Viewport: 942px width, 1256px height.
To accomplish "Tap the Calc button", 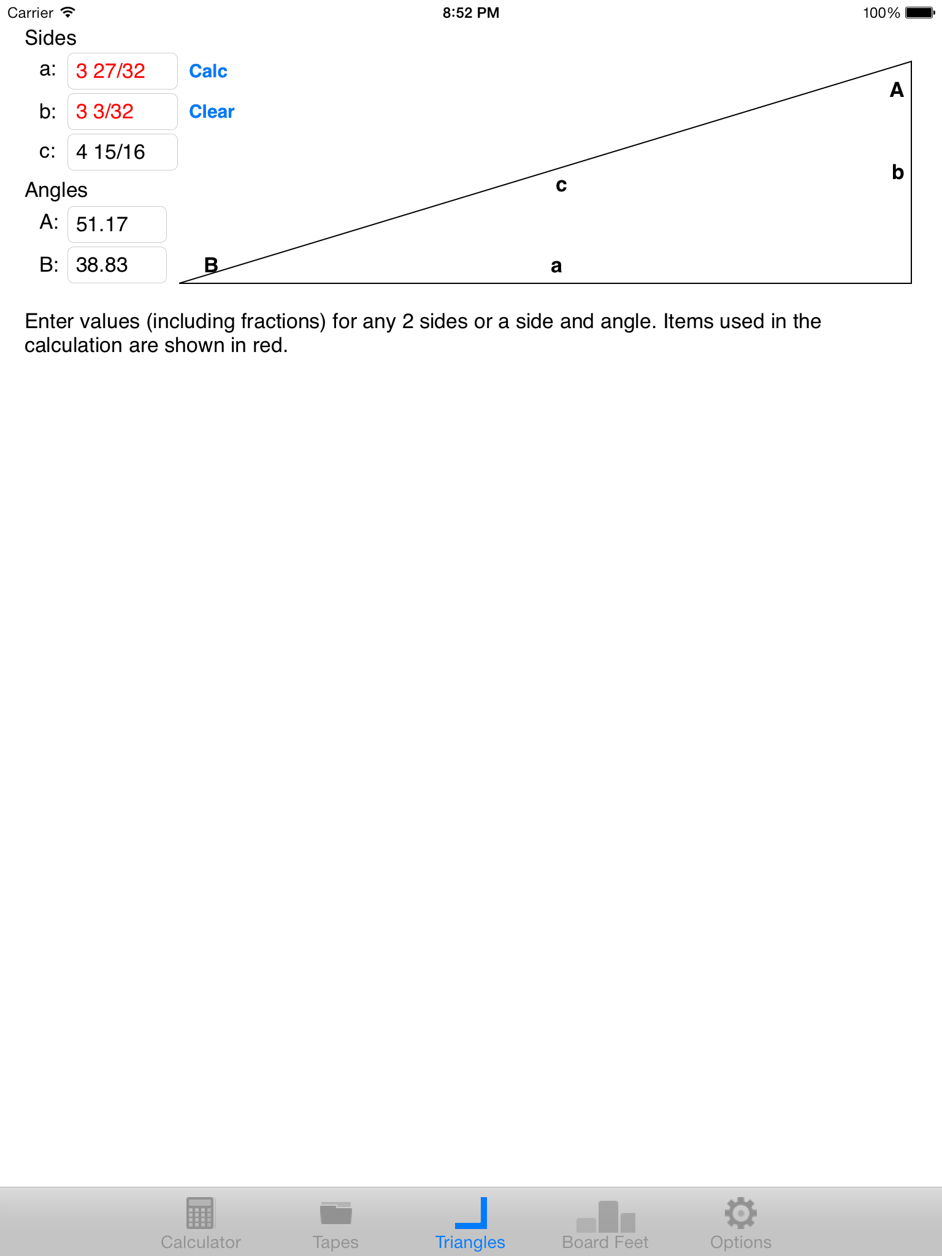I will [208, 71].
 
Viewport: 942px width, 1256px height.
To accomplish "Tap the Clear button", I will [212, 112].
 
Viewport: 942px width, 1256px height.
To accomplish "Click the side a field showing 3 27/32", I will [122, 71].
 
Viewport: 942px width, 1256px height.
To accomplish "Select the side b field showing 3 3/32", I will [122, 112].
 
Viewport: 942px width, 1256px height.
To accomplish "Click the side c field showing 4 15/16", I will [122, 152].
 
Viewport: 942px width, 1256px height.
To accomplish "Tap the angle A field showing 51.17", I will [117, 224].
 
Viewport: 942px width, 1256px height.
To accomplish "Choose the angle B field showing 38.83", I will [117, 265].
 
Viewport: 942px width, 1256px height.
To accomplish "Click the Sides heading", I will [50, 38].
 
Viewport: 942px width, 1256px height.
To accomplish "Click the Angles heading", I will [56, 190].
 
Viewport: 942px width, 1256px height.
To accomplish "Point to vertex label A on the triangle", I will [897, 90].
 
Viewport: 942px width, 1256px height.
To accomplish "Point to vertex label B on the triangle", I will [211, 265].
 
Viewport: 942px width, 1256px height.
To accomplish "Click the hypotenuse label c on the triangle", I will [561, 185].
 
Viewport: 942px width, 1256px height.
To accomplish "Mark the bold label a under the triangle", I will [556, 266].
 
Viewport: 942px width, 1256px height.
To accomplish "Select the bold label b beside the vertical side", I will [898, 172].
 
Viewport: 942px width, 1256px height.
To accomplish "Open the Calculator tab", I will [201, 1223].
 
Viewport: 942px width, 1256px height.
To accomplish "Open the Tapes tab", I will [335, 1223].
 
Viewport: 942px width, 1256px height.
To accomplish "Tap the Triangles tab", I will [470, 1223].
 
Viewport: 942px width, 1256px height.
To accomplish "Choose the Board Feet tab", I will [605, 1223].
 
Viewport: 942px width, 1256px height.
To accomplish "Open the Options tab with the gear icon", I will [740, 1223].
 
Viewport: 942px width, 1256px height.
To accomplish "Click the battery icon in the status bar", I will [919, 13].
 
